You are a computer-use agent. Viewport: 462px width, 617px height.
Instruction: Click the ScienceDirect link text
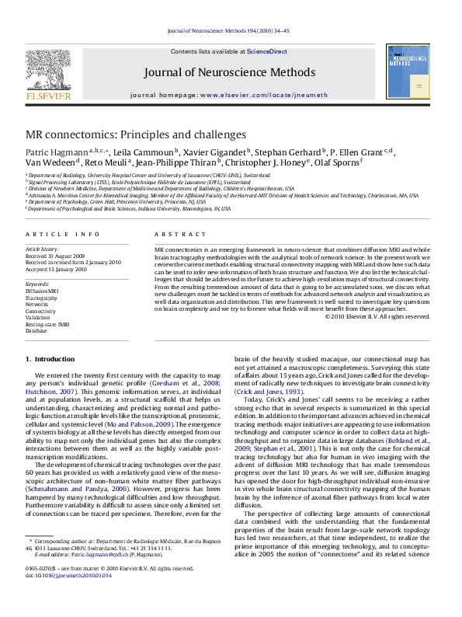pos(267,51)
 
